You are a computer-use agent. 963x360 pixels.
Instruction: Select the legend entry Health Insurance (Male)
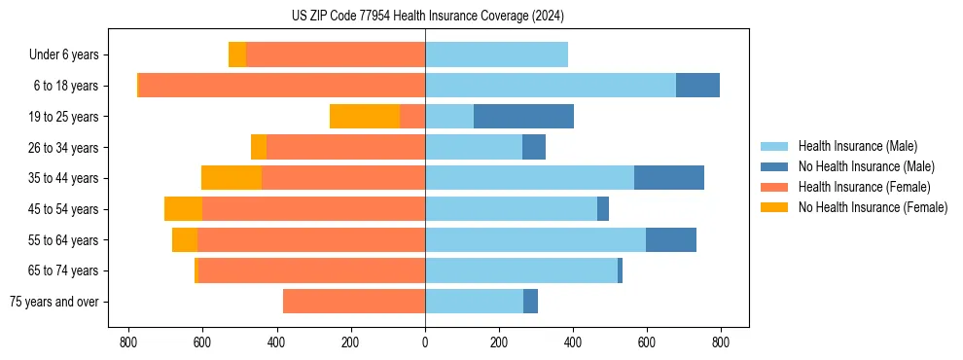click(856, 146)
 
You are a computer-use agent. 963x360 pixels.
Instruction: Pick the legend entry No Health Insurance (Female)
click(872, 207)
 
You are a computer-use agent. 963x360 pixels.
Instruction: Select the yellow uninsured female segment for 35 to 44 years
click(232, 178)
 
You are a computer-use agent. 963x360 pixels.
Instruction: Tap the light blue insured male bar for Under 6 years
click(496, 54)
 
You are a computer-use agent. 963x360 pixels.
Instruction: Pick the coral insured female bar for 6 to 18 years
click(574, 86)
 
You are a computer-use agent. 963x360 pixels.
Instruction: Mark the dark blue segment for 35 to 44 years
click(669, 178)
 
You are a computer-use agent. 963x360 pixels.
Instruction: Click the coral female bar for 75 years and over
click(354, 302)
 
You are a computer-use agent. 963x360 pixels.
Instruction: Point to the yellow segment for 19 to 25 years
click(365, 117)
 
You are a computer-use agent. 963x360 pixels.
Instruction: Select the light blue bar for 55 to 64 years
click(535, 240)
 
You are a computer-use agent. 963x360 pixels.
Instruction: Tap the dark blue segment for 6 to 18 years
click(697, 86)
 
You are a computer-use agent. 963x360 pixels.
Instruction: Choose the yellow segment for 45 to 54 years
click(183, 209)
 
